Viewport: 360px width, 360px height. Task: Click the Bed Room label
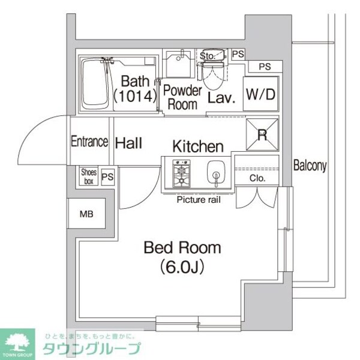(181, 247)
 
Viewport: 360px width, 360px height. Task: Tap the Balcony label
(310, 166)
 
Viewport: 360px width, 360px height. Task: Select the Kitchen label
(198, 146)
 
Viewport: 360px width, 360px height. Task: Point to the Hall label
(128, 143)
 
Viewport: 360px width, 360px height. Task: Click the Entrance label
(89, 142)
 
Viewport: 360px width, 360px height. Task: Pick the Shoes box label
(88, 176)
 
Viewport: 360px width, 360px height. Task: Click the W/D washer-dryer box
(260, 94)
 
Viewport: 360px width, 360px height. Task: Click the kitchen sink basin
(214, 174)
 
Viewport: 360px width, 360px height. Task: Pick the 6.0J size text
(181, 266)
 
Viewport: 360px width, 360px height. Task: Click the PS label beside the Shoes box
(107, 176)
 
